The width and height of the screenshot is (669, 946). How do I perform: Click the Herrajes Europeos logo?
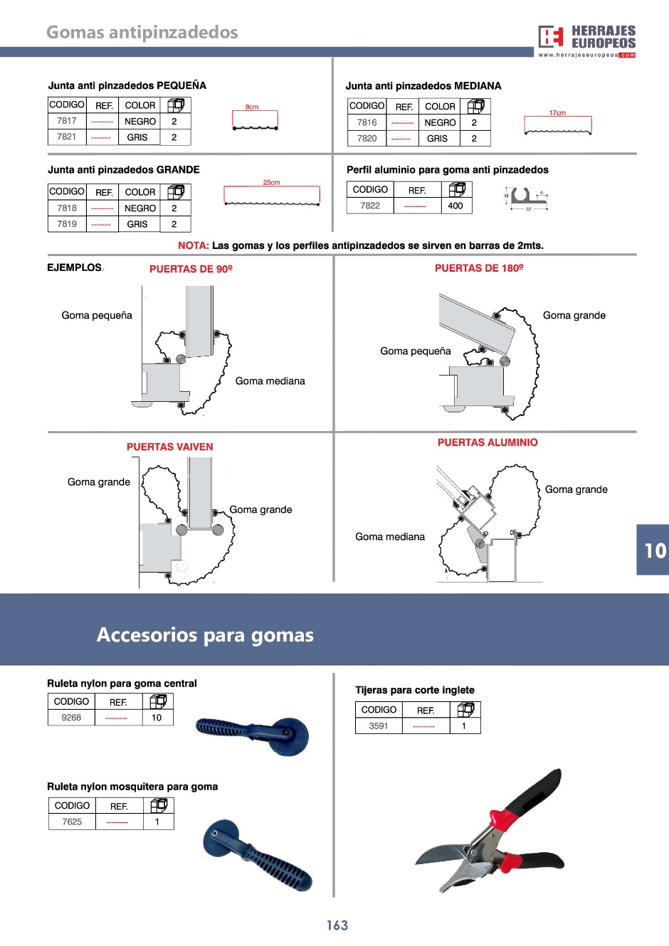[x=587, y=41]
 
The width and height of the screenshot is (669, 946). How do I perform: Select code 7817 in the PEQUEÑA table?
[x=67, y=121]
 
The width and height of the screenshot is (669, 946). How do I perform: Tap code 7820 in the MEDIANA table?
[x=367, y=139]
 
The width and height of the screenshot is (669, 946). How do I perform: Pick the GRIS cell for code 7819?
[x=137, y=224]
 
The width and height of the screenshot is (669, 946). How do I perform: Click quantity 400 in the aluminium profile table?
[x=455, y=206]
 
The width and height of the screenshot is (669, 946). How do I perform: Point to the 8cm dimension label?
[x=252, y=107]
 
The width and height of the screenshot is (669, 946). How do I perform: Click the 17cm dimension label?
[x=557, y=113]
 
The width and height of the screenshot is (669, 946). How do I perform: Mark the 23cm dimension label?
[x=272, y=183]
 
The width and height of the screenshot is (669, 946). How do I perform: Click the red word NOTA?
[x=194, y=245]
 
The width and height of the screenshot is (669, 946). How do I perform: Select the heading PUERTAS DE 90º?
[x=191, y=269]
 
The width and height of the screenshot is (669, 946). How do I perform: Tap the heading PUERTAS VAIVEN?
[x=170, y=447]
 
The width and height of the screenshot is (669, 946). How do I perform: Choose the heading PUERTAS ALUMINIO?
[x=488, y=442]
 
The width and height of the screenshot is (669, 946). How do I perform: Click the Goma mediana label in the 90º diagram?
[x=270, y=381]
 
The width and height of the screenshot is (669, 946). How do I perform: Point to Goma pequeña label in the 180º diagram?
[x=416, y=351]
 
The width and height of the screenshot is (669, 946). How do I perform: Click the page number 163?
[x=337, y=925]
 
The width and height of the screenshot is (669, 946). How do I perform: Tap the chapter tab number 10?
[x=655, y=551]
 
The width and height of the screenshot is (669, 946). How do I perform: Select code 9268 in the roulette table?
[x=71, y=718]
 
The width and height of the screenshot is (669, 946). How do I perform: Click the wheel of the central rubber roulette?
[x=291, y=735]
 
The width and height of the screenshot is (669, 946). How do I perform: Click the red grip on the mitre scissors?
[x=503, y=819]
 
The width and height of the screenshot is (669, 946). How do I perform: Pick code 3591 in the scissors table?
[x=379, y=726]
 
